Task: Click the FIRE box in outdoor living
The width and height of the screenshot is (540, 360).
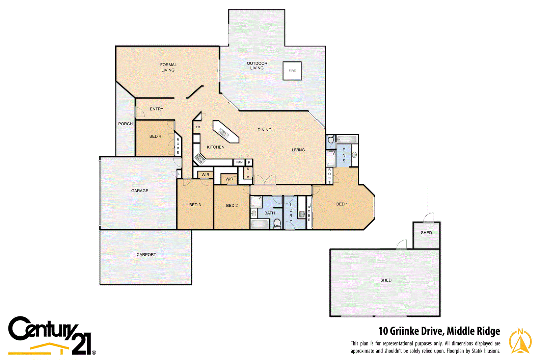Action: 292,71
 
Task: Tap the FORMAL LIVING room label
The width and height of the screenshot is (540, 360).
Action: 168,67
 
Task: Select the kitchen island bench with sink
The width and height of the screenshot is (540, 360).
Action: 225,132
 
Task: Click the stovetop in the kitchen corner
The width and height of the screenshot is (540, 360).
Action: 200,158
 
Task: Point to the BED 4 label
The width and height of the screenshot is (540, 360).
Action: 155,136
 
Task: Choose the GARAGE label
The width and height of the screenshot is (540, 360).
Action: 140,191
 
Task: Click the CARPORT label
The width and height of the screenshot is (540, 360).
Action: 146,255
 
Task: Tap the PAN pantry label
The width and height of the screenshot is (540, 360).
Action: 239,162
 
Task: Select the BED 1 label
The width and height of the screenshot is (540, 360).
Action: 342,204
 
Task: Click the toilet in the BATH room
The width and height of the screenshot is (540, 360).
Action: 277,223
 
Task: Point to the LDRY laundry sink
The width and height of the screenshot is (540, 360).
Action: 302,213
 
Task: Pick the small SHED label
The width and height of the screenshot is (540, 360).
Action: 426,233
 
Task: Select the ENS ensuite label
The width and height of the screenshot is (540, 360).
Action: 344,155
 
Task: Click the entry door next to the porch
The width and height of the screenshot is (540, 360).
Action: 139,112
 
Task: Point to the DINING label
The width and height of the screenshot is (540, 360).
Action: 264,130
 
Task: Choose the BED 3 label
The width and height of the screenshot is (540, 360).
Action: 195,205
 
